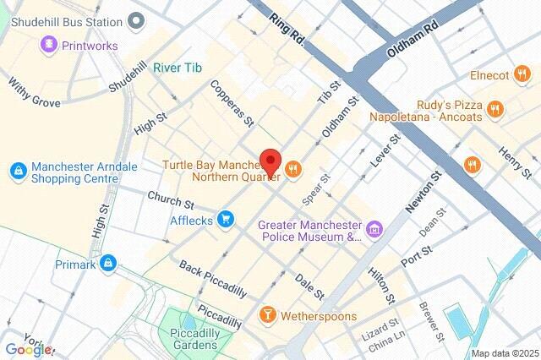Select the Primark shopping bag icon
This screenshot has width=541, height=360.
click(x=107, y=265)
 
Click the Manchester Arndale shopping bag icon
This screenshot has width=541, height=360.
click(x=18, y=172)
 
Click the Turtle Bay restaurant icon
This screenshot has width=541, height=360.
click(x=293, y=169)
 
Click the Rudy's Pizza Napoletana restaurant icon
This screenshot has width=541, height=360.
click(x=495, y=107)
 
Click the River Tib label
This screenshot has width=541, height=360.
click(x=178, y=68)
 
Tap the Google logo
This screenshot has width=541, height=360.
click(x=30, y=349)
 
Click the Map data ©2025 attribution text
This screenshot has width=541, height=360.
click(x=504, y=353)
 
